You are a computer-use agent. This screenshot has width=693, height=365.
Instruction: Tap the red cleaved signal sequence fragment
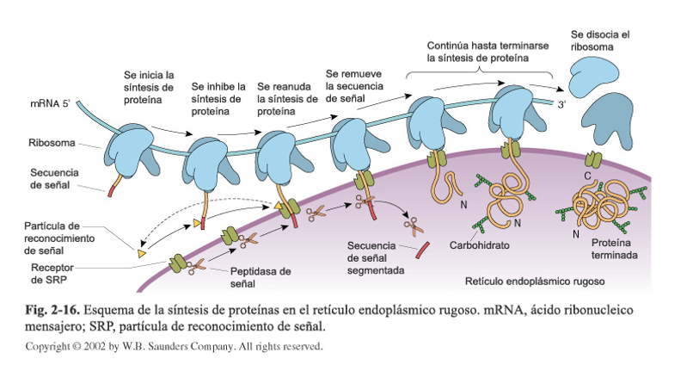[x=422, y=251]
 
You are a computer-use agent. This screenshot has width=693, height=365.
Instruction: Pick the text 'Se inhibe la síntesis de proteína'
[x=218, y=99]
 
